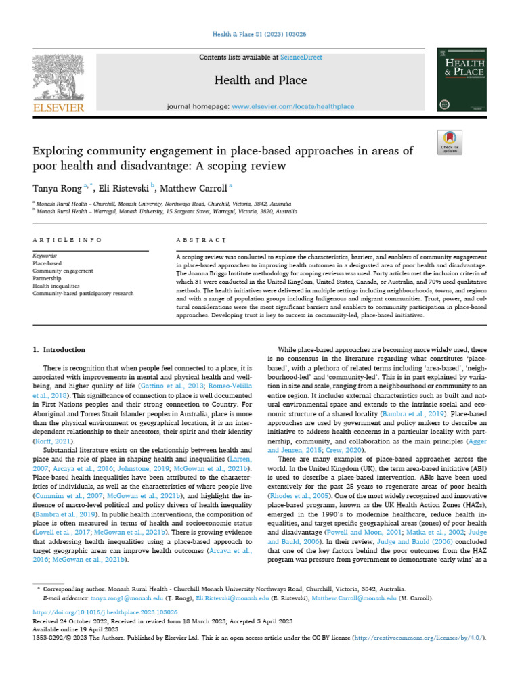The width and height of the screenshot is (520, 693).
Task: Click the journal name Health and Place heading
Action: [251, 81]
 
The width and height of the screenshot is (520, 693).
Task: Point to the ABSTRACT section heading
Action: [200, 240]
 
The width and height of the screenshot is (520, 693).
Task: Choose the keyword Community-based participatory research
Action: [83, 293]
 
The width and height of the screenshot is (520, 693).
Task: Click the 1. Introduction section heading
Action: [60, 350]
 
